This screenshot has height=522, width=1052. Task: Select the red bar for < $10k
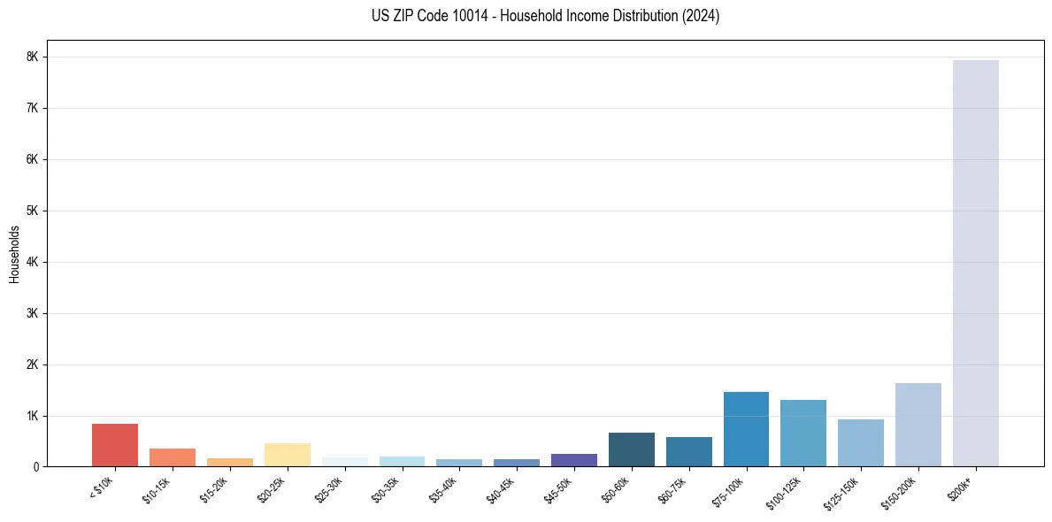click(115, 445)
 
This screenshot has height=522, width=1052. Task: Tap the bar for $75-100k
click(746, 429)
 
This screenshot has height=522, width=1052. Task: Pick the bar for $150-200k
click(918, 425)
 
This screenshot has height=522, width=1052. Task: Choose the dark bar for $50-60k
click(631, 449)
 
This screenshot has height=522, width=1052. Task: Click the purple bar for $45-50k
click(573, 460)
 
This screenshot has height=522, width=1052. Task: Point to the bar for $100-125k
click(803, 434)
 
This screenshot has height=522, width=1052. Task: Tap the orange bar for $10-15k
click(173, 457)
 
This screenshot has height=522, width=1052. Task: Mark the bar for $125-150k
click(860, 443)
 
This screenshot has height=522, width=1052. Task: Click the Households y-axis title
click(14, 254)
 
